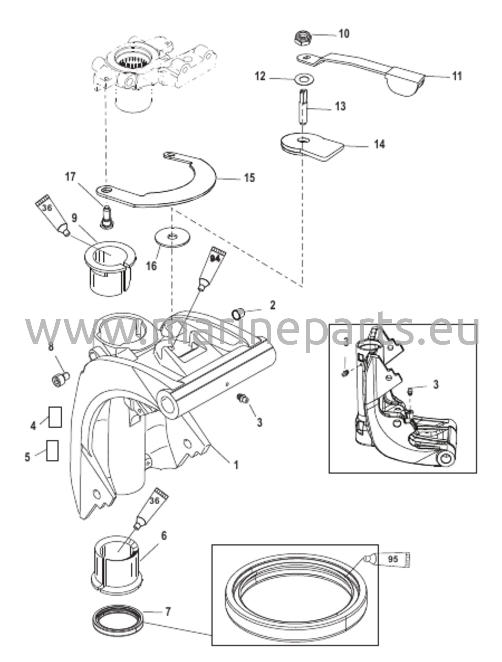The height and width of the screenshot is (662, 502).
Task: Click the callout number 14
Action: coord(379,144)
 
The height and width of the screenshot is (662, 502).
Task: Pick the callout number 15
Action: coord(249,178)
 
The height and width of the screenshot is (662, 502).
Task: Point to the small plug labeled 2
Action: coord(238,313)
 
